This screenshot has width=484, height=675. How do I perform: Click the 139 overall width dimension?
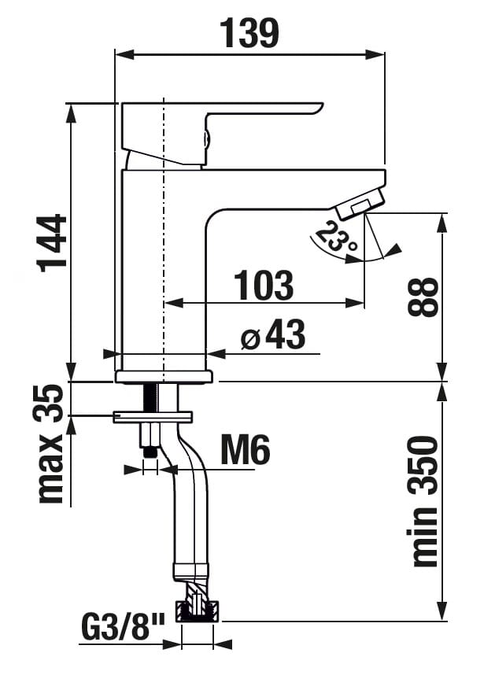pos(249,33)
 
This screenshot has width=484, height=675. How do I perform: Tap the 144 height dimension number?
pos(53,243)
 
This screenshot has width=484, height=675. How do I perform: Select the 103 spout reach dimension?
pos(264,285)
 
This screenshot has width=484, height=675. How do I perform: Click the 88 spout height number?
pos(423,297)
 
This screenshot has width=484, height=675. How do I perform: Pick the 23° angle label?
pos(337,238)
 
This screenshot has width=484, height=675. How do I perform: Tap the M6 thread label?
pos(246,449)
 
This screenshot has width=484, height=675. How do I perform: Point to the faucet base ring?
pos(164,377)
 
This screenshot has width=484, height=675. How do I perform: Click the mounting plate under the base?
pos(153,417)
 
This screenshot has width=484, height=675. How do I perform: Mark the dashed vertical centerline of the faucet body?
pos(164,240)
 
